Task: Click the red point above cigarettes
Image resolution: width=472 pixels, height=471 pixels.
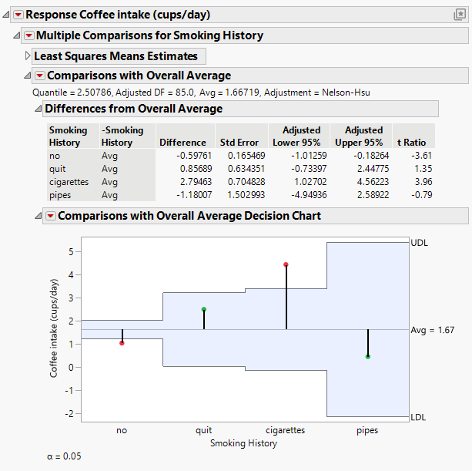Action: pyautogui.click(x=286, y=264)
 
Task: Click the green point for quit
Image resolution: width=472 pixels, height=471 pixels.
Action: pyautogui.click(x=204, y=309)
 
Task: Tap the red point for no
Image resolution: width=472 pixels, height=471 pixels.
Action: pyautogui.click(x=122, y=343)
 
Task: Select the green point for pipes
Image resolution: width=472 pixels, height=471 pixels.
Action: pyautogui.click(x=368, y=356)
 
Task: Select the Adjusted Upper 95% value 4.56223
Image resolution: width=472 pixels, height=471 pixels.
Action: pyautogui.click(x=363, y=182)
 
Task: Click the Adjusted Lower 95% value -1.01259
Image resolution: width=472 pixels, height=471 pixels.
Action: pyautogui.click(x=301, y=155)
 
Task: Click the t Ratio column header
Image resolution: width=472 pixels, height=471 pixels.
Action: pyautogui.click(x=412, y=143)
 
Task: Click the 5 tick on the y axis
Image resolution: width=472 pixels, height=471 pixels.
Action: pyautogui.click(x=72, y=251)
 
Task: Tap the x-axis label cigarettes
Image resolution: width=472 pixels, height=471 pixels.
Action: pyautogui.click(x=286, y=430)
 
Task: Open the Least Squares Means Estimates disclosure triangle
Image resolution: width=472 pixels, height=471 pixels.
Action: pyautogui.click(x=28, y=56)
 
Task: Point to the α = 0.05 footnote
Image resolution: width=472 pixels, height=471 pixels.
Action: pyautogui.click(x=64, y=456)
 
